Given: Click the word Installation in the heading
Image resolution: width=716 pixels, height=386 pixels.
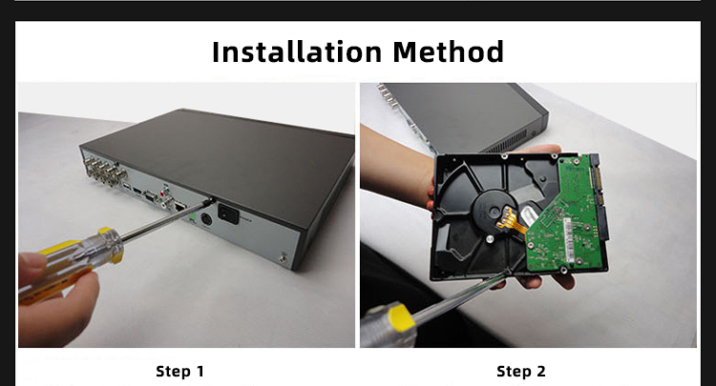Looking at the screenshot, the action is click(x=297, y=51).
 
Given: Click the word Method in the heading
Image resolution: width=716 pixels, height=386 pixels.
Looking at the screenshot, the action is click(x=449, y=51).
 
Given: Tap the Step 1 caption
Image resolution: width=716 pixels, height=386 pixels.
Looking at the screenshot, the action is click(x=179, y=372).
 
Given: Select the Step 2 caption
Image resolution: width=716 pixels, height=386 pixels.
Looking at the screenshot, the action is click(x=521, y=372).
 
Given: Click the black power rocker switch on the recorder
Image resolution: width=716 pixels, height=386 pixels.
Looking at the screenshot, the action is click(x=228, y=213).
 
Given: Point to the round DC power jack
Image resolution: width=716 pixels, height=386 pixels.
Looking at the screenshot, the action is click(x=206, y=219).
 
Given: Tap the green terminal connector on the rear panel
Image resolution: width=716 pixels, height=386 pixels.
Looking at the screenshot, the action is click(x=192, y=218).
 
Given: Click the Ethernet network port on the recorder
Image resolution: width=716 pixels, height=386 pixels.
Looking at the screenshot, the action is click(x=180, y=207).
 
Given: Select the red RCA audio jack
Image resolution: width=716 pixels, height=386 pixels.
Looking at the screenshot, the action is click(x=165, y=188).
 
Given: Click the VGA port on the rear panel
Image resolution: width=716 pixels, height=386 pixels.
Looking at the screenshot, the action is click(x=150, y=196).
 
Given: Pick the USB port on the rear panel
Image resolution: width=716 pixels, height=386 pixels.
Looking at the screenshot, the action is click(x=126, y=187).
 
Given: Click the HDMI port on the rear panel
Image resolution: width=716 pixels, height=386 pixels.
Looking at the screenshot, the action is click(x=137, y=190).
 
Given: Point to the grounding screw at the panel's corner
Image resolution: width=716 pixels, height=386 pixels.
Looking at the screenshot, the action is click(x=283, y=258).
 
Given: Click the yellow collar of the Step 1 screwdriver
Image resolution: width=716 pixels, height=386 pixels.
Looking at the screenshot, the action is click(x=111, y=244).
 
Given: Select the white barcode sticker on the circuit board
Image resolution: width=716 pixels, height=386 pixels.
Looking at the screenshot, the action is click(x=568, y=239).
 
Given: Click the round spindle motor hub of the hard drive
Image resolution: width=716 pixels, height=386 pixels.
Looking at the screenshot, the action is click(x=491, y=211).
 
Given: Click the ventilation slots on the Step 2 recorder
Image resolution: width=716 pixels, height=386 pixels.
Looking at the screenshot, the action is click(x=507, y=143).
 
